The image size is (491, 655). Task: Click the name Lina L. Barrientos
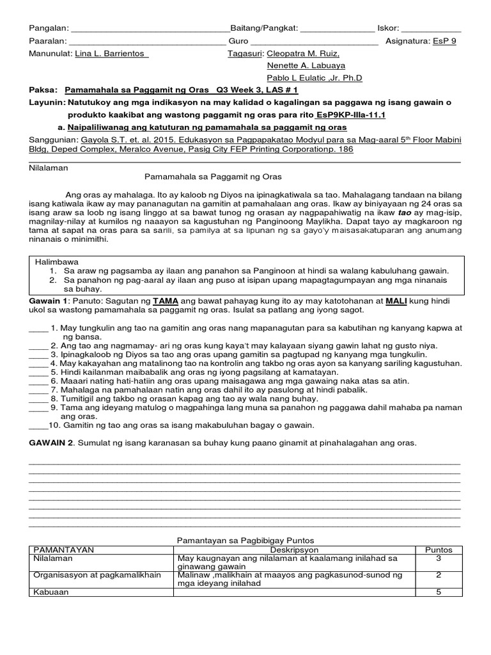tap(111, 54)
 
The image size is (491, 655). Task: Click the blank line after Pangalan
tap(150, 29)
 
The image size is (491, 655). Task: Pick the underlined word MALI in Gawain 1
tap(398, 300)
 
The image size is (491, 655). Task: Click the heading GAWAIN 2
tap(51, 443)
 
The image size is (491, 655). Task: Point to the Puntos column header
tap(439, 549)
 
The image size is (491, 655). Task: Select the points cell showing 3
tap(439, 558)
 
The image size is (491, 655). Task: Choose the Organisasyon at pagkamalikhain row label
tap(88, 575)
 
